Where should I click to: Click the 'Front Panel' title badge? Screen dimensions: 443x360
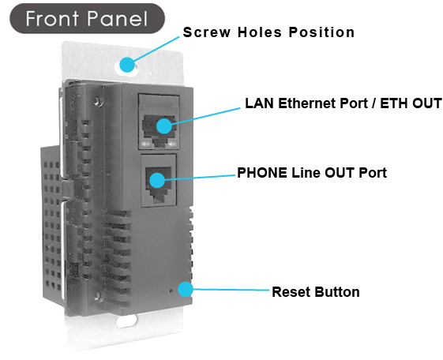pos(87,19)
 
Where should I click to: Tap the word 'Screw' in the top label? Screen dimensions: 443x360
pos(207,32)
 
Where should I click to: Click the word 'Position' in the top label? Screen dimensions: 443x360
pos(321,32)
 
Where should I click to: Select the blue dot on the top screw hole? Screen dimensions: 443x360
pos(127,65)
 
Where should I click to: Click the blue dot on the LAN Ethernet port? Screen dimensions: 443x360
pos(164,126)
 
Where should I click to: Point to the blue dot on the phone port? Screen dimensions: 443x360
pos(157,180)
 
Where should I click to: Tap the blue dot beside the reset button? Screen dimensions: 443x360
pos(186,289)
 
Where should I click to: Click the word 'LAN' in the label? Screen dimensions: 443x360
pos(259,103)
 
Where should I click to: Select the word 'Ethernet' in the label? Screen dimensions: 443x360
pos(307,103)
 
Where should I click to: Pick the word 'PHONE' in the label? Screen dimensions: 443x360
pos(262,173)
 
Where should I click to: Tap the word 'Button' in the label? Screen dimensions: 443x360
pos(336,292)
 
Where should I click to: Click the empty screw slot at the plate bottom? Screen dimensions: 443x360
pos(127,321)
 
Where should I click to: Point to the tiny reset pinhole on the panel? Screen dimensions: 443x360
pos(171,291)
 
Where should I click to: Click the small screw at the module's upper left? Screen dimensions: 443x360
pos(98,100)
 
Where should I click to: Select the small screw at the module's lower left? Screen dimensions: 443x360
pos(97,296)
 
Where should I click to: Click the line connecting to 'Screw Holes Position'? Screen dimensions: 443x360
pos(157,49)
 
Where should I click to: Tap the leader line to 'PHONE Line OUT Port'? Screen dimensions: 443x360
pos(200,178)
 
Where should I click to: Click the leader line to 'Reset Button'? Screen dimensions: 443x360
pos(231,290)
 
